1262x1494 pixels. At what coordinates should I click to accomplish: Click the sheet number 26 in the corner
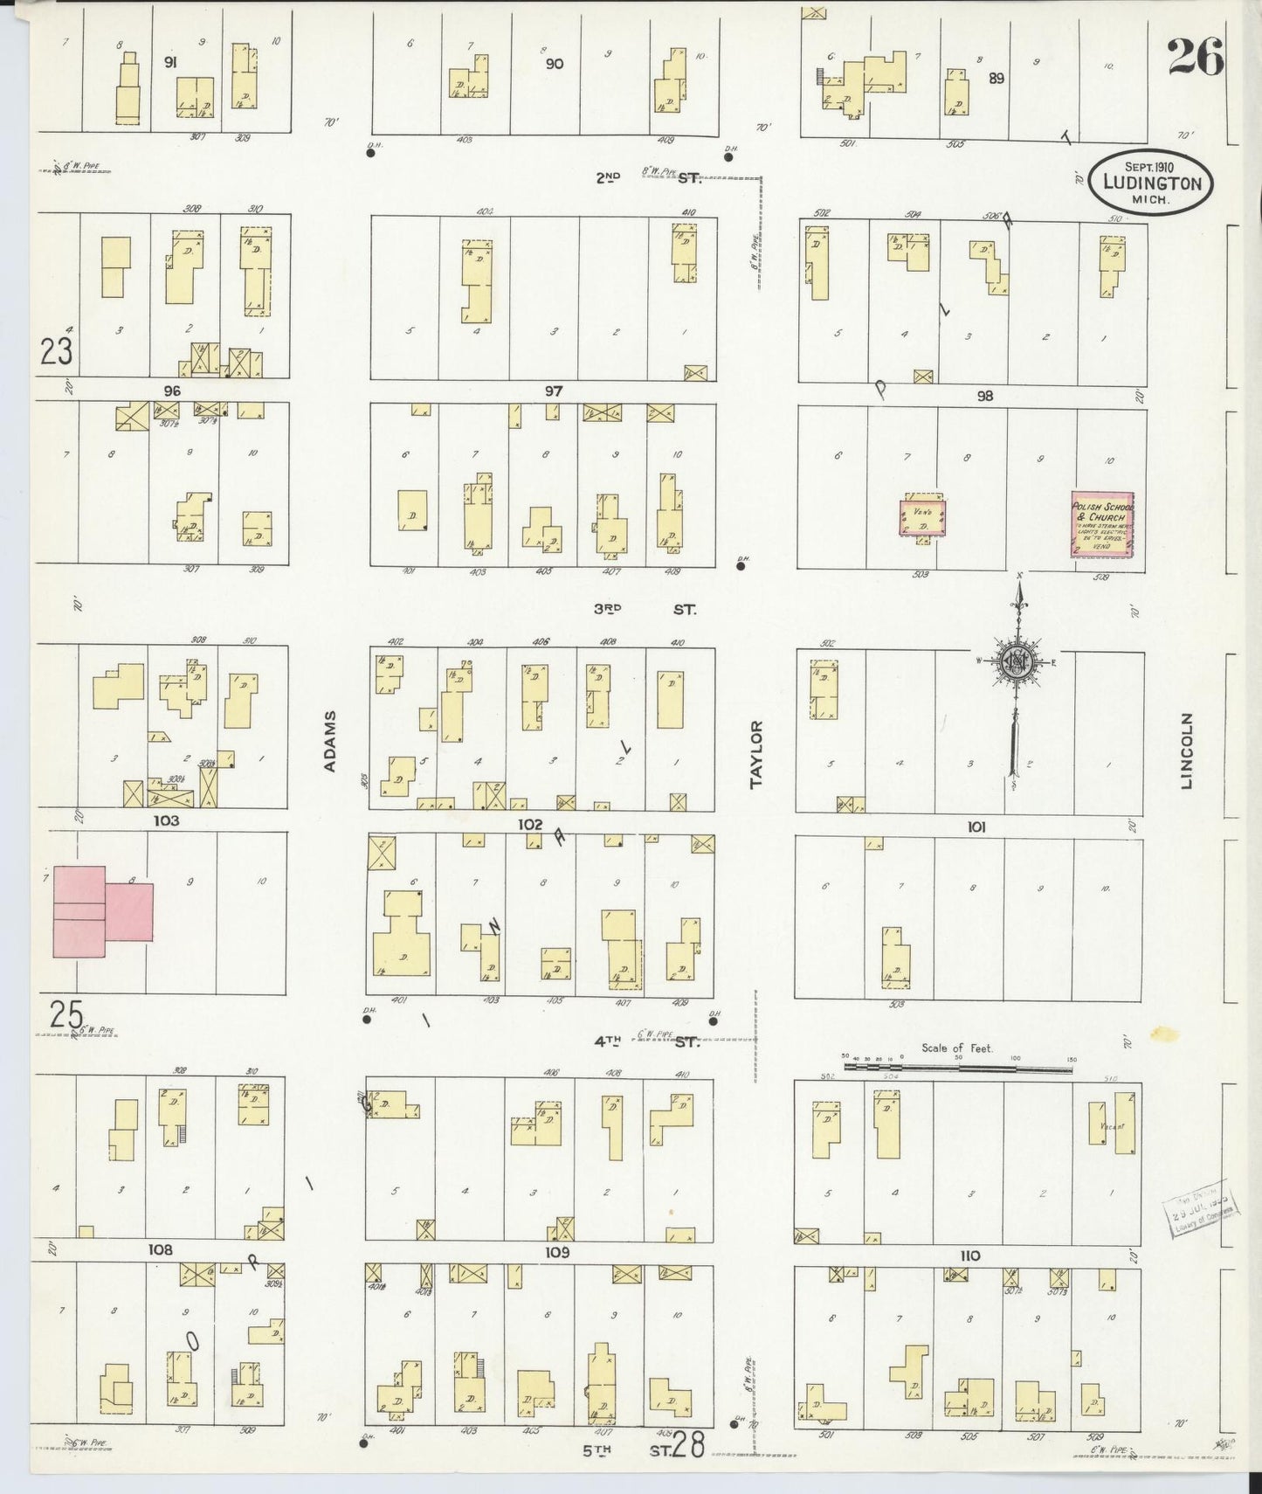pyautogui.click(x=1195, y=58)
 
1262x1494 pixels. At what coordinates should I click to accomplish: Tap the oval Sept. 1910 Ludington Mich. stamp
pyautogui.click(x=1149, y=183)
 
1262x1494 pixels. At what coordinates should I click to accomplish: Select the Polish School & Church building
pyautogui.click(x=1101, y=523)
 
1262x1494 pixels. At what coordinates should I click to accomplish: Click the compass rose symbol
pyautogui.click(x=1017, y=661)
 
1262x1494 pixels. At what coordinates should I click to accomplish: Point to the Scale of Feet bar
pyautogui.click(x=958, y=1067)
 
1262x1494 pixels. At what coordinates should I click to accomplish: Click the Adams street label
pyautogui.click(x=330, y=741)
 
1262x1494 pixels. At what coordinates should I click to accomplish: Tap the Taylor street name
pyautogui.click(x=756, y=753)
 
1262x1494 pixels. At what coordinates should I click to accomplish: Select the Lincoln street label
pyautogui.click(x=1186, y=751)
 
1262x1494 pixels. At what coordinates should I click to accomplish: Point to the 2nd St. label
pyautogui.click(x=646, y=177)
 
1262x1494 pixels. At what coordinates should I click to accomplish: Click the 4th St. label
pyautogui.click(x=646, y=1041)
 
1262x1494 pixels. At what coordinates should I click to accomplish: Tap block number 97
pyautogui.click(x=553, y=391)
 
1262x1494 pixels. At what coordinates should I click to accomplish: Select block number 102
pyautogui.click(x=530, y=824)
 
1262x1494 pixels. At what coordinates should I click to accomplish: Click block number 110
pyautogui.click(x=969, y=1255)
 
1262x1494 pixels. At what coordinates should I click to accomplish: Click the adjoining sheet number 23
pyautogui.click(x=56, y=352)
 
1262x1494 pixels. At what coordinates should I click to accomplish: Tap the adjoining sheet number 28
pyautogui.click(x=689, y=1445)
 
